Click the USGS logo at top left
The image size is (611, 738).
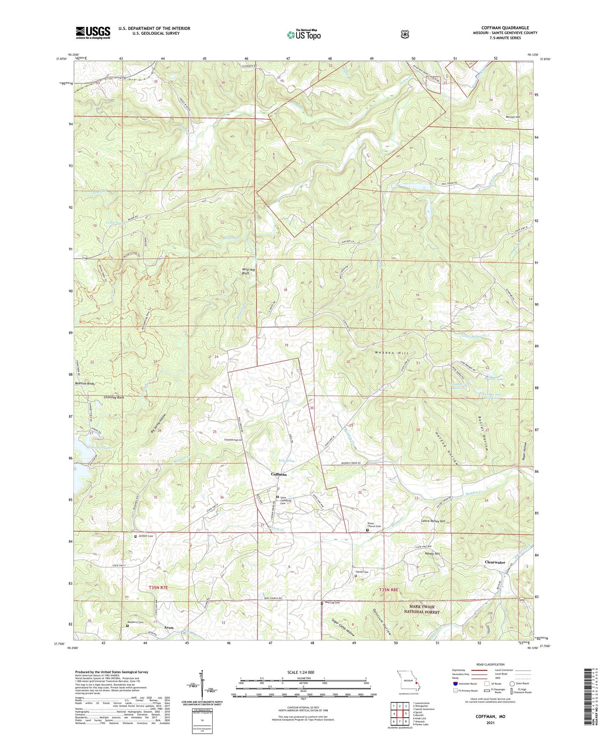93,33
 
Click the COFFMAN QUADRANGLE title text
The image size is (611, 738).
505,28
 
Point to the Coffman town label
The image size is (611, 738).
279,475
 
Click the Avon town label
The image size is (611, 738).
169,628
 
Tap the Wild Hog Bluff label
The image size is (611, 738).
245,271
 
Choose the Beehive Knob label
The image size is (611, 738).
85,383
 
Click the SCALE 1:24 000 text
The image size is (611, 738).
301,672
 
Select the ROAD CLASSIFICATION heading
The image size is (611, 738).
490,664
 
